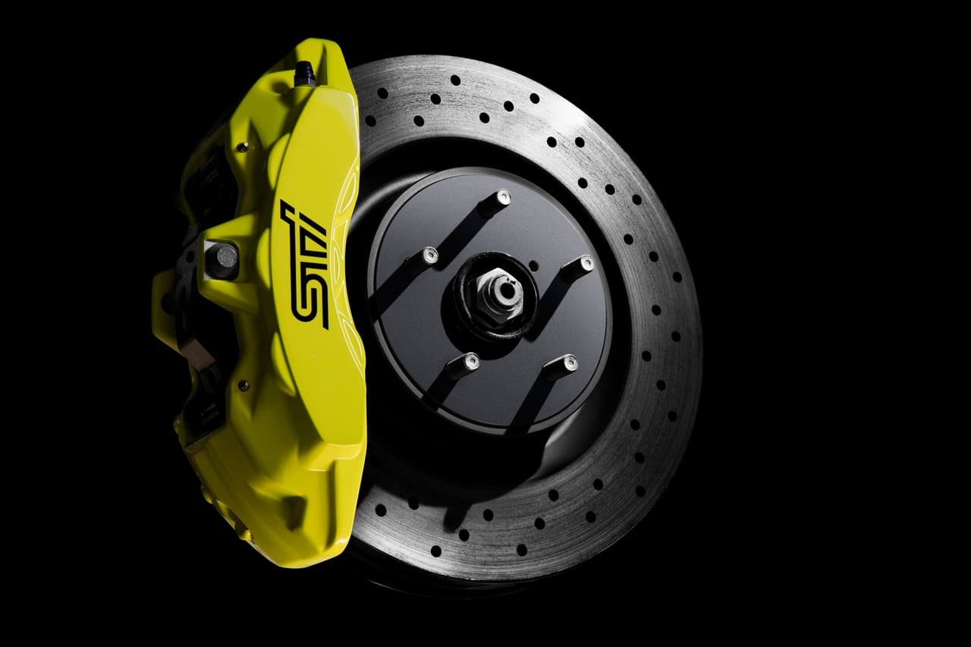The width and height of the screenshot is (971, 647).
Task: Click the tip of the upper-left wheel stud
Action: click(x=430, y=255)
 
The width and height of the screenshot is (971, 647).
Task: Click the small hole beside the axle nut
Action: click(x=533, y=265)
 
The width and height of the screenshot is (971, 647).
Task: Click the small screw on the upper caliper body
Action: click(x=241, y=146)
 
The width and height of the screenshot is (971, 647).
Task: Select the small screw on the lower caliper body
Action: click(x=243, y=385)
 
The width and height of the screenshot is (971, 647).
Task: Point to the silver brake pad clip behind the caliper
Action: click(x=190, y=349)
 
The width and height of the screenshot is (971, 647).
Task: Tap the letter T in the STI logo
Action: click(x=313, y=250)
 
